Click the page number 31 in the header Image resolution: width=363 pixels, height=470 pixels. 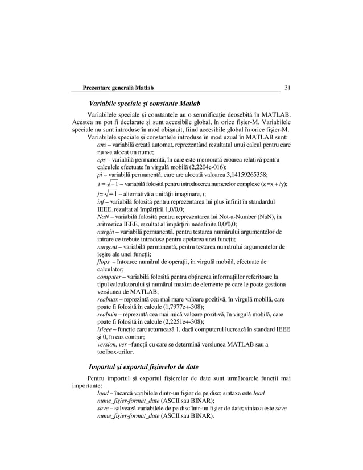tap(287, 88)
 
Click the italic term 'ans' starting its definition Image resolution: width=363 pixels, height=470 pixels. tap(102, 146)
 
